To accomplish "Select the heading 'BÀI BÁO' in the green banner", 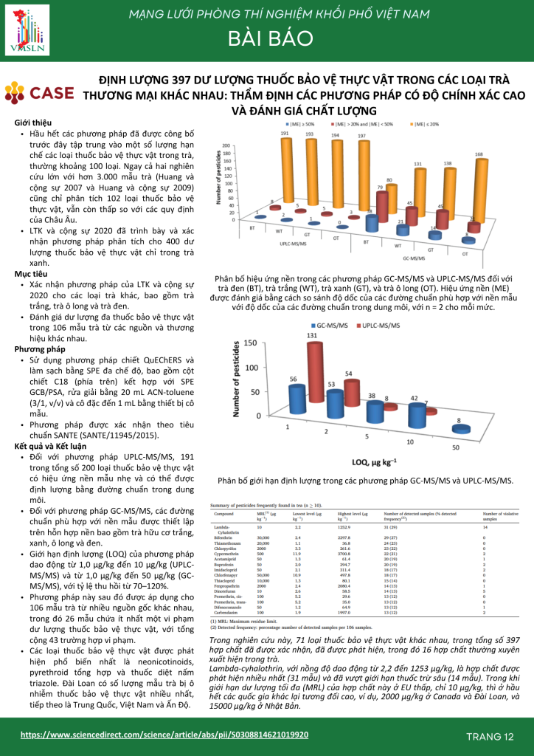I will [x=268, y=39].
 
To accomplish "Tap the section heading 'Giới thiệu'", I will [x=32, y=122].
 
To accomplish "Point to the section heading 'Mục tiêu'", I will [x=30, y=273].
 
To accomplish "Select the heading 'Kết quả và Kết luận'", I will [x=51, y=446].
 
